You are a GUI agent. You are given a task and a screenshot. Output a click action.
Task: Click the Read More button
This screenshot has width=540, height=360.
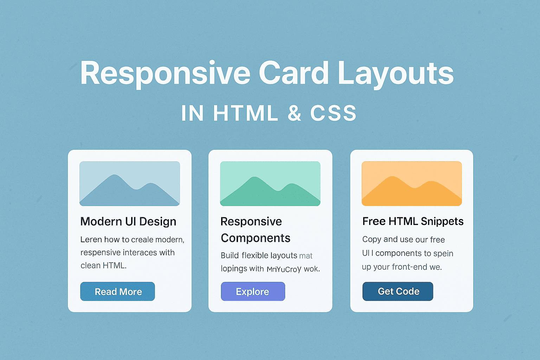[x=117, y=291]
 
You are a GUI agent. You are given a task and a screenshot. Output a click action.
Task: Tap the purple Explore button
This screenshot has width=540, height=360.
[x=253, y=291]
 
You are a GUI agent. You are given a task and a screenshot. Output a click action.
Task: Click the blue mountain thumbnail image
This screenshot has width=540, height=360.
[x=130, y=184]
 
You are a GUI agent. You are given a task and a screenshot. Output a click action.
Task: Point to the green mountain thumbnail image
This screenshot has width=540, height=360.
[x=270, y=184]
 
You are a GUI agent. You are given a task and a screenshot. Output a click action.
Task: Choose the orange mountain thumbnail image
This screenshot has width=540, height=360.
[x=412, y=184]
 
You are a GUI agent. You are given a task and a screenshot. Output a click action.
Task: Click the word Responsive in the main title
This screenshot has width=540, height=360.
[x=165, y=74]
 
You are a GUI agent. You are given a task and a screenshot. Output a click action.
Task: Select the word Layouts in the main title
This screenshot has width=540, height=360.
[x=396, y=74]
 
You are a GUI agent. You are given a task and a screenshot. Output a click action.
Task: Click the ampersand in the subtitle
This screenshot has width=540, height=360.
[x=294, y=113]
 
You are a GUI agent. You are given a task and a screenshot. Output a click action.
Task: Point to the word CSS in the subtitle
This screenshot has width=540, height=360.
[x=333, y=113]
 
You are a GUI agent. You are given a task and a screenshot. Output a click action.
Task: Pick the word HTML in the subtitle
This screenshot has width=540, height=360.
[x=245, y=113]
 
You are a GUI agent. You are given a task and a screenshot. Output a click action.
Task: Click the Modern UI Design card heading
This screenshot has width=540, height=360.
[x=128, y=221]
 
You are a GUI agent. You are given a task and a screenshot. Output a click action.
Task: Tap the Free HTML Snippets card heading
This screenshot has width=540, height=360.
[x=413, y=221]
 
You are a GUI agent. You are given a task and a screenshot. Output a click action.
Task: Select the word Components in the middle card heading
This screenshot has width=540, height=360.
[x=256, y=238]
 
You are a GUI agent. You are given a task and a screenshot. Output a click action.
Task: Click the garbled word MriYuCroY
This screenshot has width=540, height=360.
[x=284, y=269]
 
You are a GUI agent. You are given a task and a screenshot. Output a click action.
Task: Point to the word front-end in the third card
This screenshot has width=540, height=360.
[x=409, y=267]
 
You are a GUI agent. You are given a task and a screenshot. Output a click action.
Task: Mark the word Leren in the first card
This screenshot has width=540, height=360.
[x=91, y=239]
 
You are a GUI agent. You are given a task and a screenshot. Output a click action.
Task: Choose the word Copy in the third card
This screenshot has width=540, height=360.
[x=372, y=239]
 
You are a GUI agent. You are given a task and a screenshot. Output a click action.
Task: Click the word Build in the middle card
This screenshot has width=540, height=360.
[x=230, y=255]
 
